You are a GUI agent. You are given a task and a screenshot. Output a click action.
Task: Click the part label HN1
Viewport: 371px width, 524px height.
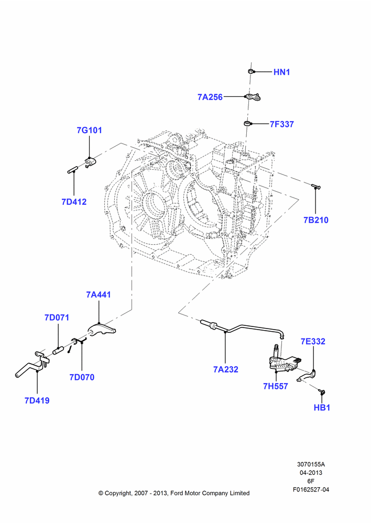click(281, 72)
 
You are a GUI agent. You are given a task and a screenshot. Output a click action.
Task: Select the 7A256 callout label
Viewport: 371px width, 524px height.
click(210, 97)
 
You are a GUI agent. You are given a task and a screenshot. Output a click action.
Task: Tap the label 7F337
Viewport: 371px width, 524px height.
click(282, 124)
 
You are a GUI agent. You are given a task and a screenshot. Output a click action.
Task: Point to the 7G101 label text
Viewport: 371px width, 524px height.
click(89, 130)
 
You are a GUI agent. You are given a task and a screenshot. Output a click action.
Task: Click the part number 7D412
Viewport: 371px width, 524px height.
click(74, 202)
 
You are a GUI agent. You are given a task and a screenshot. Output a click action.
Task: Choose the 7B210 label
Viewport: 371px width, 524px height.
click(316, 220)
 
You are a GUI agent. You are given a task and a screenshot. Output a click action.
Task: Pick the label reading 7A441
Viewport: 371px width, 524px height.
click(99, 294)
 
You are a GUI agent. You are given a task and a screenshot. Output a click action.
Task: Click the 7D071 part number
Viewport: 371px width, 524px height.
click(57, 318)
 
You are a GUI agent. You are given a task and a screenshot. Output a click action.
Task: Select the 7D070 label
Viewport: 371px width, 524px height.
click(82, 377)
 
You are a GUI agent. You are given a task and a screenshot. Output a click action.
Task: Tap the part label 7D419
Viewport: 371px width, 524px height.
click(37, 400)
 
